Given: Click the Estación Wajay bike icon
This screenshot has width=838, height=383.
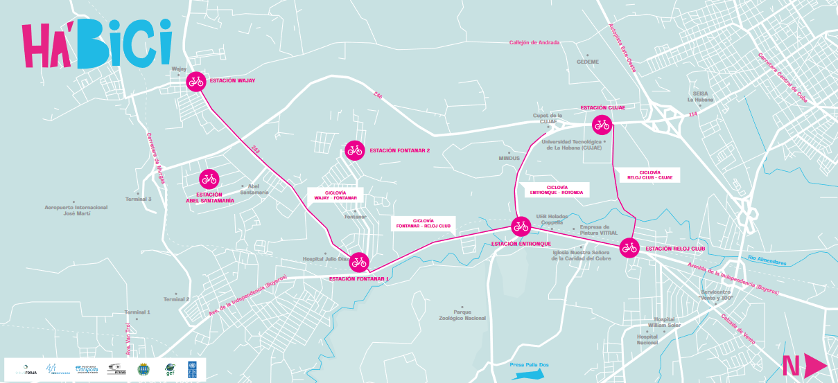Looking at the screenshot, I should pyautogui.click(x=196, y=81).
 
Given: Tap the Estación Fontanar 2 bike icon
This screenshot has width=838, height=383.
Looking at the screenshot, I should pyautogui.click(x=355, y=150).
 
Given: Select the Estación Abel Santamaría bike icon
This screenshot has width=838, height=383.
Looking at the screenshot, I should pyautogui.click(x=209, y=179).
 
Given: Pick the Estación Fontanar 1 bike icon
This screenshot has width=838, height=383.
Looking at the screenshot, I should pyautogui.click(x=359, y=262).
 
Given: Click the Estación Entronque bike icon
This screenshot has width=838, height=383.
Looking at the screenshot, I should pyautogui.click(x=521, y=226).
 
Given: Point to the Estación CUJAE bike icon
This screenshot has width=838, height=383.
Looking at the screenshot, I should pyautogui.click(x=602, y=125).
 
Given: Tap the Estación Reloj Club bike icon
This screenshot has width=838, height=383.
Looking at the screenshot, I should pyautogui.click(x=629, y=247).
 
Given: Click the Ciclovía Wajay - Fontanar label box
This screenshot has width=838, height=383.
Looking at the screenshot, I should pyautogui.click(x=335, y=195).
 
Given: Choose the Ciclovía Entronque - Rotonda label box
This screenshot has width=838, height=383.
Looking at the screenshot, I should pyautogui.click(x=556, y=189).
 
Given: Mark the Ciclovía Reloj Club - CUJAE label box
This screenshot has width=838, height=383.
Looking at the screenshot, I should pyautogui.click(x=649, y=175).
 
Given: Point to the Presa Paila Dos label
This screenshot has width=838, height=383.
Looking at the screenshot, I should pyautogui.click(x=528, y=365).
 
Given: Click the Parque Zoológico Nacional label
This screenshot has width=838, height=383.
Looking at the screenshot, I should pyautogui.click(x=462, y=315).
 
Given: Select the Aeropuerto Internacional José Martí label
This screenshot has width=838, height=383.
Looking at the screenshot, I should pyautogui.click(x=76, y=211).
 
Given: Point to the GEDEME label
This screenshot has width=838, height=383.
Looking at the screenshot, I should pyautogui.click(x=587, y=62).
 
